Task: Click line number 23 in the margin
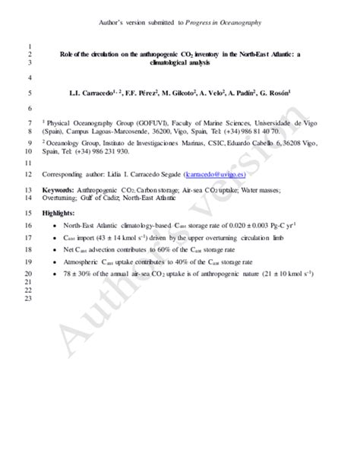[x=28, y=300]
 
